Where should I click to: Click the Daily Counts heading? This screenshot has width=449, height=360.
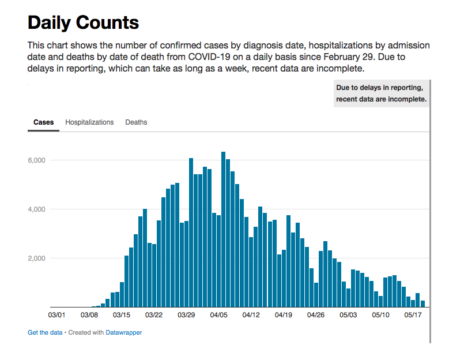point(83,22)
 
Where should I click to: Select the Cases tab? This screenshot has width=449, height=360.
point(43,122)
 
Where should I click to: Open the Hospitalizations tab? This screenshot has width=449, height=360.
point(89,122)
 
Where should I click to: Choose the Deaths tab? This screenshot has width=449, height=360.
point(136,122)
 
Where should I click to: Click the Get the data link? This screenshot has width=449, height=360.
point(45,332)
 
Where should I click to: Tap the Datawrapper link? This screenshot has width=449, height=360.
point(123,332)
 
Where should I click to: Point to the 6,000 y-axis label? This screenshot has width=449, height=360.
point(37,160)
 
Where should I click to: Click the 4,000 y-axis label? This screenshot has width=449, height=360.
point(37,209)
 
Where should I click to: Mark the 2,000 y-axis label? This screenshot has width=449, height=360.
point(37,258)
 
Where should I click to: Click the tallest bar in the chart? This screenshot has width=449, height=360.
point(223,231)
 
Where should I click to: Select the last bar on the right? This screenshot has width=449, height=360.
point(422,304)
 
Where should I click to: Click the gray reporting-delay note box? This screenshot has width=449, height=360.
point(381,93)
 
